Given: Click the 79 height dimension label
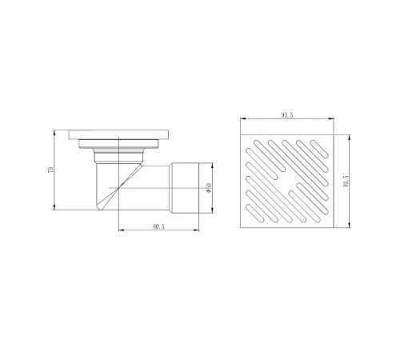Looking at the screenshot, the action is pyautogui.click(x=50, y=170).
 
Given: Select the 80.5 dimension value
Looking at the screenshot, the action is pyautogui.click(x=158, y=226).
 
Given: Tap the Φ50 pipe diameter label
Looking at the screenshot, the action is pyautogui.click(x=209, y=188).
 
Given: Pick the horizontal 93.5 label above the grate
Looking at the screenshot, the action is pyautogui.click(x=287, y=115).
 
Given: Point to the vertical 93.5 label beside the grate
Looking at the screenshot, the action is pyautogui.click(x=346, y=181).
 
